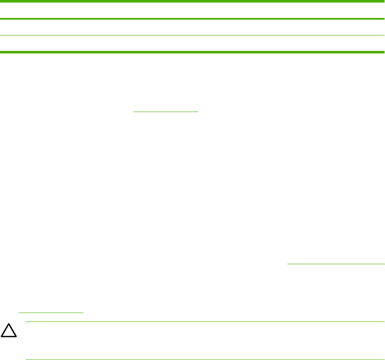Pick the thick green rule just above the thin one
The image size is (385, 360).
192,19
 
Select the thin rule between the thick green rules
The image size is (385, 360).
192,35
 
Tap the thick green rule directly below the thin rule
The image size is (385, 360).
192,52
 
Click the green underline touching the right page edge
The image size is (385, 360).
336,264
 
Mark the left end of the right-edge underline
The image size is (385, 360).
287,264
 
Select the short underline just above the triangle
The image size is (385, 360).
51,313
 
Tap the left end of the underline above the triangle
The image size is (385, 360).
18,313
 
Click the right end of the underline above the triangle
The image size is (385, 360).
84,313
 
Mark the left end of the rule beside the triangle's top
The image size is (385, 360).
26,322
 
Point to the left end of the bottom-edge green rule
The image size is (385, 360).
26,360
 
